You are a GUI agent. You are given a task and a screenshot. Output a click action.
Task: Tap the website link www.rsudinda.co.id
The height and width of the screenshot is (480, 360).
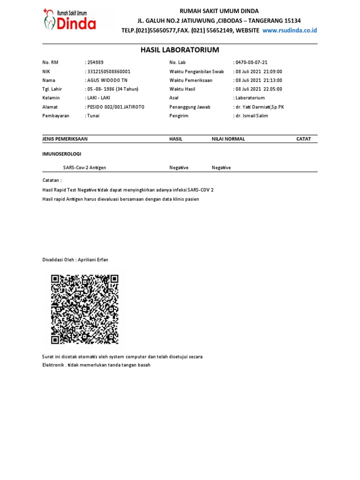point(290,30)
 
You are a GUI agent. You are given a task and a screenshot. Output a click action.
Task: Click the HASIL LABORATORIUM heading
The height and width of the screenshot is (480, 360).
point(180,50)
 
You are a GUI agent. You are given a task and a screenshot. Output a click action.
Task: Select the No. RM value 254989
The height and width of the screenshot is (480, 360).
point(95,63)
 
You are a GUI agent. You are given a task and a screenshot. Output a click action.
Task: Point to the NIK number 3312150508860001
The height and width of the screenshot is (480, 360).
point(109,72)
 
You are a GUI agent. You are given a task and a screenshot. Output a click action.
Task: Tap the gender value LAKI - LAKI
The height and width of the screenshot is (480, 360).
point(98,98)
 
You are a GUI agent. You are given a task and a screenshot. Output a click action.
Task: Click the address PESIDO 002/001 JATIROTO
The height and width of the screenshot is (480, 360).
point(115,107)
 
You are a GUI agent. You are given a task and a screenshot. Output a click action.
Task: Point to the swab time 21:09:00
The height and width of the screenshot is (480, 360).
point(272,72)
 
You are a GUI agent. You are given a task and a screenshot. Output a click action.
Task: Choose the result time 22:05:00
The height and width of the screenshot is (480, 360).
point(272,89)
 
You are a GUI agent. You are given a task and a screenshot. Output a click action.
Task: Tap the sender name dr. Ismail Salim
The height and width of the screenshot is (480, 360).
point(252,116)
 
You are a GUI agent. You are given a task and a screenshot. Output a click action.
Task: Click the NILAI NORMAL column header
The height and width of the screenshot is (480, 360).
point(228,139)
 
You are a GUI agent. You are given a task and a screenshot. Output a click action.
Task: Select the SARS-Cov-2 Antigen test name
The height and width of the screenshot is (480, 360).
point(88,168)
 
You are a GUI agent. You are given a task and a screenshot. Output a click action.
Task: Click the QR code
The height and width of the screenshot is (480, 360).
point(85,309)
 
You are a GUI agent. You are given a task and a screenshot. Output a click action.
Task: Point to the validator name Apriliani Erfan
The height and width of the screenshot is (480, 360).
point(94,260)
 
